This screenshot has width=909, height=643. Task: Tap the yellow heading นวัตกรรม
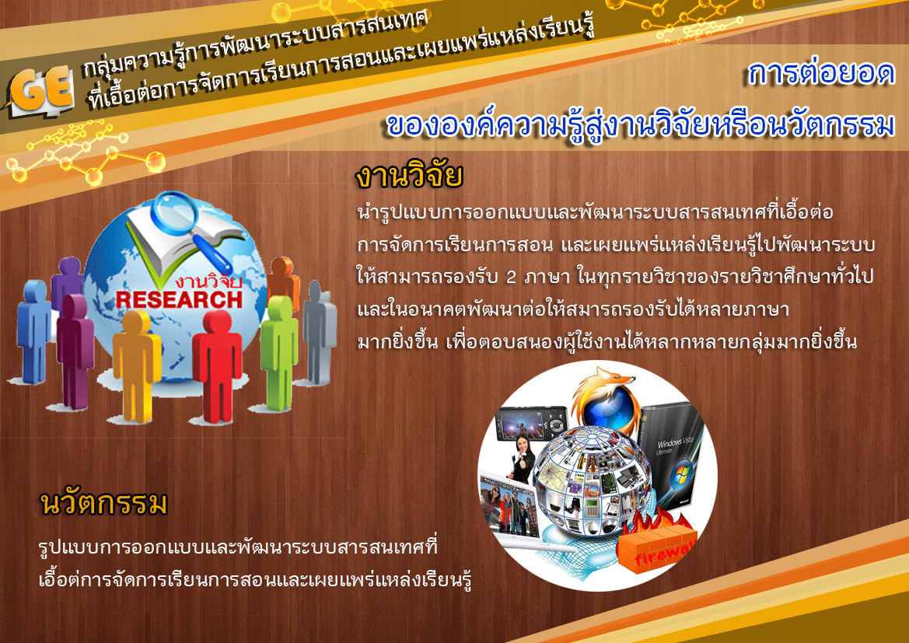(103, 503)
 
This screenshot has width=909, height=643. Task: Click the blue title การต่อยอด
(821, 73)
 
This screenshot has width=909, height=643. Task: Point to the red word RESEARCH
(179, 300)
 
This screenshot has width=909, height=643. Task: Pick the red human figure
(217, 365)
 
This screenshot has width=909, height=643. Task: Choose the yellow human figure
(137, 365)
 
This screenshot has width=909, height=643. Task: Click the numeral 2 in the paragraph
(511, 277)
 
